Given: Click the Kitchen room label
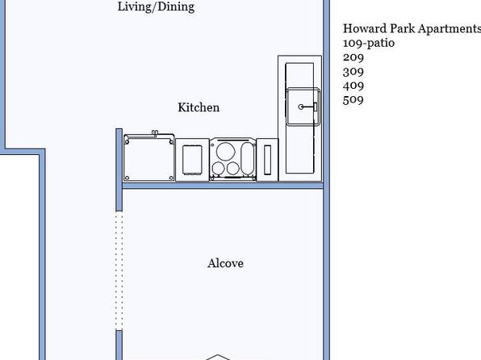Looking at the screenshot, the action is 199,107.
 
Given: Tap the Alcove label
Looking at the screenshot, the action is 225,263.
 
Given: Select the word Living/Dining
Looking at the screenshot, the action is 156,6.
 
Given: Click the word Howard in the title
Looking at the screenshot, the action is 365,28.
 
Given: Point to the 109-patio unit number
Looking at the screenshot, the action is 369,43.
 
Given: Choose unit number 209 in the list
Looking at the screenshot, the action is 353,57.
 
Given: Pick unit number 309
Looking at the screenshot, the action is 353,71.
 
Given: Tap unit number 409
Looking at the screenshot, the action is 353,86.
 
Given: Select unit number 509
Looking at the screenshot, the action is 353,99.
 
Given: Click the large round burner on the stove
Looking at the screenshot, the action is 226,151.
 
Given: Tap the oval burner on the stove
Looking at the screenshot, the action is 247,159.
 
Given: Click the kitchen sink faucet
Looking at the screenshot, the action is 307,107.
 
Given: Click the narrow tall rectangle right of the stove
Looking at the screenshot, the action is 267,160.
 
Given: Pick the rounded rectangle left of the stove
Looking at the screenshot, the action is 192,160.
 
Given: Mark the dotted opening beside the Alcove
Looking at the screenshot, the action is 119,270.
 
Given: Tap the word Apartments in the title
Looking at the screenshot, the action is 450,28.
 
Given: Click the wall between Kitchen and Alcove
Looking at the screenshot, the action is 223,186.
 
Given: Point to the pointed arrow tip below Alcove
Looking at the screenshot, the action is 217,355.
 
